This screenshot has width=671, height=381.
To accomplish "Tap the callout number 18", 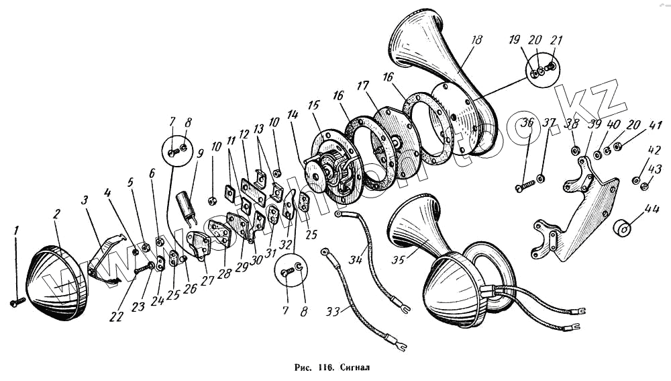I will [x=476, y=40].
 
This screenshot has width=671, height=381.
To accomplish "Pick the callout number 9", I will [x=199, y=153].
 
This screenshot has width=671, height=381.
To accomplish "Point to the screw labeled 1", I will [x=17, y=303].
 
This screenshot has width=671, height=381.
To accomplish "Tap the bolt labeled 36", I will [x=525, y=185].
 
